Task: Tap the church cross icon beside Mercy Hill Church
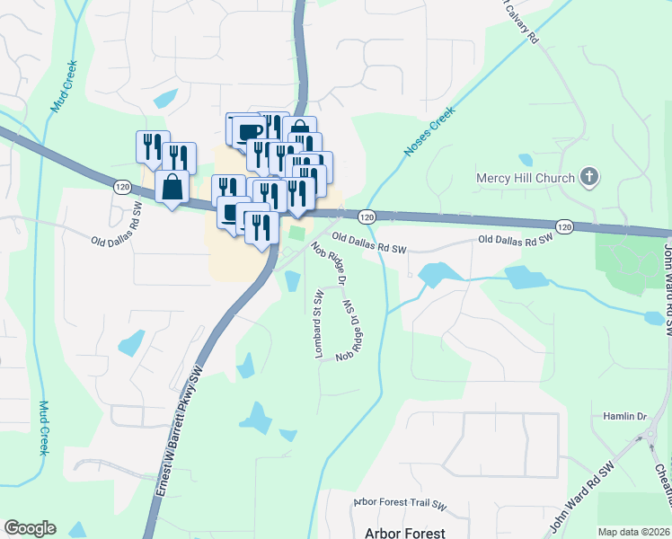click(589, 177)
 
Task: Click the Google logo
click(30, 528)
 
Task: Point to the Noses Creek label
click(430, 135)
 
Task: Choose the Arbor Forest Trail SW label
click(400, 503)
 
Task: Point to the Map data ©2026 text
click(632, 532)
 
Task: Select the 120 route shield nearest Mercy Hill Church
click(563, 227)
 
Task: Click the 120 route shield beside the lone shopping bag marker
click(122, 186)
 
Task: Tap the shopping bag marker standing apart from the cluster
click(172, 188)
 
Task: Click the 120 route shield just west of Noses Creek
click(366, 217)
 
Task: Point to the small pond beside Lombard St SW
click(292, 280)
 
